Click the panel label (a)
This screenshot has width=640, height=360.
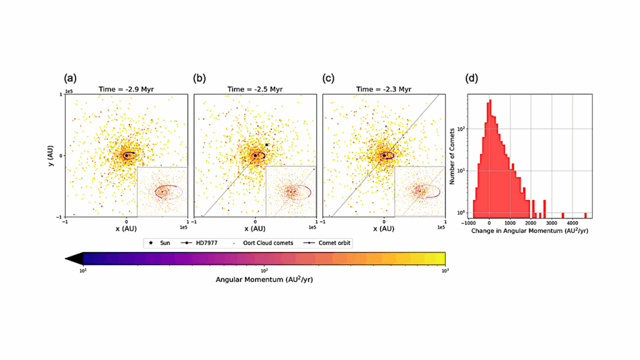click(71, 79)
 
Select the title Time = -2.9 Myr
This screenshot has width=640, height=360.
click(126, 89)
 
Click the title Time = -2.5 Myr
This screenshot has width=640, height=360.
click(255, 89)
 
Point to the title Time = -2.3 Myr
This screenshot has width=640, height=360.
click(384, 89)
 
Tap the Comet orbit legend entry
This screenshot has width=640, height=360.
click(327, 242)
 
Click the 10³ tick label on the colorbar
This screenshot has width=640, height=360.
click(444, 270)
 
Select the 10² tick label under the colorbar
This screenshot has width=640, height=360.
click(264, 270)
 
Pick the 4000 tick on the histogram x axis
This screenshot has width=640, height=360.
click(572, 222)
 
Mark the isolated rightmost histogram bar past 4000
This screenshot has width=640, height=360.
click(586, 215)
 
